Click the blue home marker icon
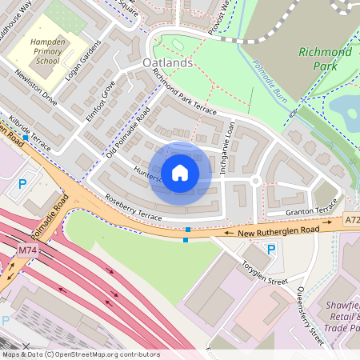pos(180,173)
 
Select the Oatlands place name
pos(169,62)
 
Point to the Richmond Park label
pos(325,60)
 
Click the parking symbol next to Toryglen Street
pos(271,250)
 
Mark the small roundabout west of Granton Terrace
pos(255,182)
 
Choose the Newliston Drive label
pos(36,88)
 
